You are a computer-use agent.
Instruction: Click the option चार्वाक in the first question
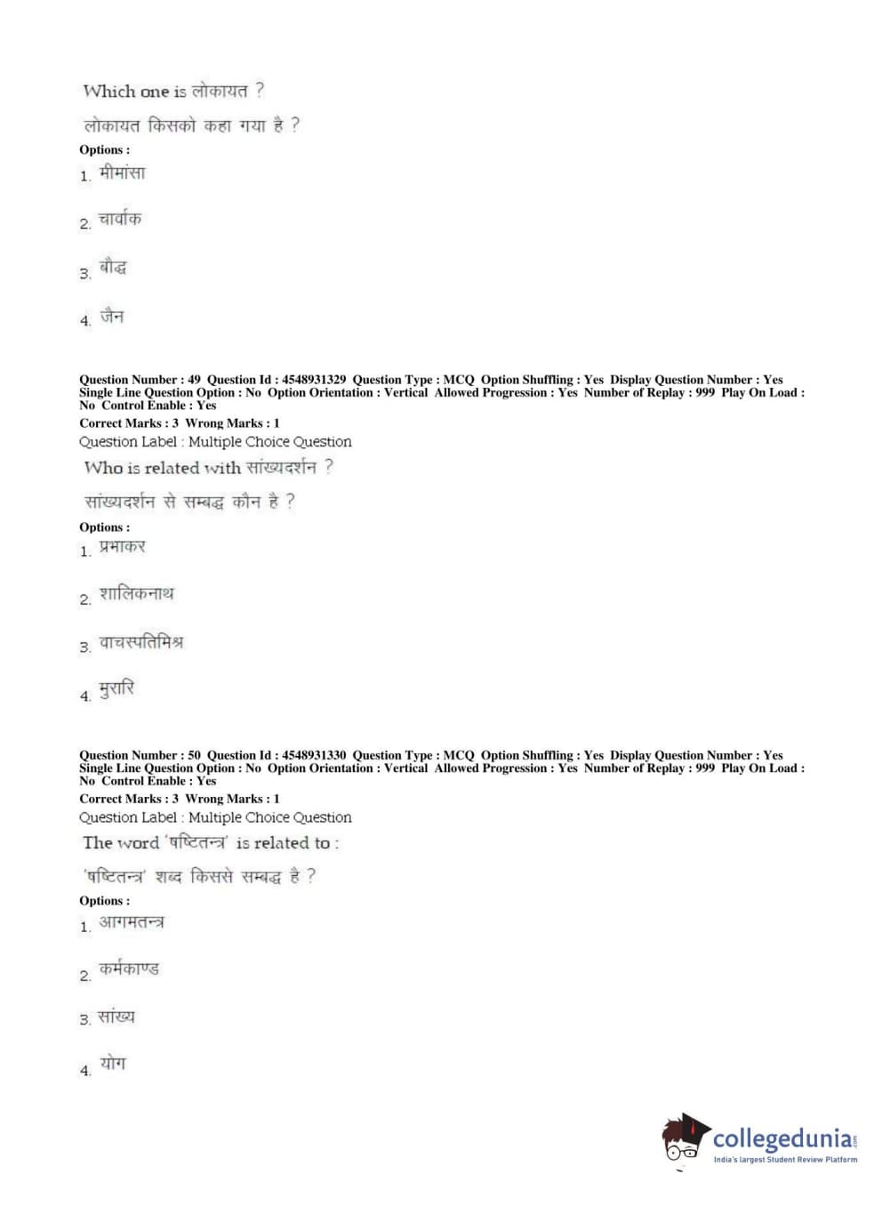coord(120,219)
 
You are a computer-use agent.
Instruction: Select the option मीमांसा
coord(122,173)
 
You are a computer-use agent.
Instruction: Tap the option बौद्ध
coord(113,267)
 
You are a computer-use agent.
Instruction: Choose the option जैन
coord(112,316)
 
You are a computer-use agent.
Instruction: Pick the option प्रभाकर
coord(122,547)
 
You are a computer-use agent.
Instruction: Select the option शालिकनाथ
coord(136,593)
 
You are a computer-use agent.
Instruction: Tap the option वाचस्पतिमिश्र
coord(140,642)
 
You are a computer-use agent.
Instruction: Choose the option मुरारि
coord(116,689)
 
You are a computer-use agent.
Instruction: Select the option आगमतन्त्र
coord(132,922)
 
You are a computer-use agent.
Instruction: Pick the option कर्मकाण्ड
coord(129,969)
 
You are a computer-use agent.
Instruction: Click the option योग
coord(113,1063)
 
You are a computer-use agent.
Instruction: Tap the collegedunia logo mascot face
coord(684,1138)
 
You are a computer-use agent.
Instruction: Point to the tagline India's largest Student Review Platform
coord(785,1160)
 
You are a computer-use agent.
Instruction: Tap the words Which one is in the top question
coord(134,92)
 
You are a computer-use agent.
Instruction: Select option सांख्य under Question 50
coord(116,1017)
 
